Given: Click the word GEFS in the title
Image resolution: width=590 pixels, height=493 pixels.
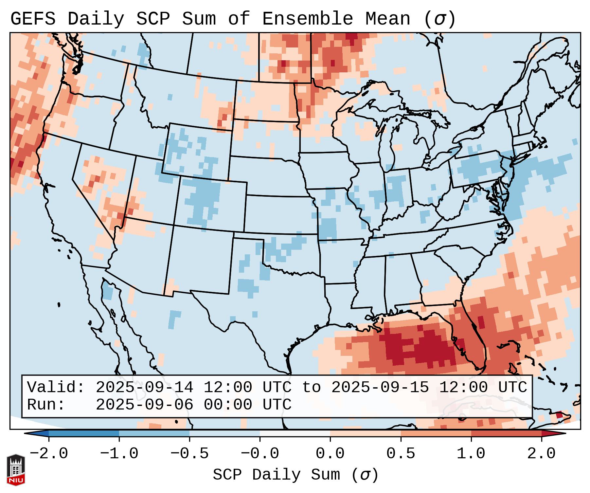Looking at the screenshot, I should click(33, 19).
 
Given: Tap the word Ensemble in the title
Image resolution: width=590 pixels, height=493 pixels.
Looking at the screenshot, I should click(307, 19).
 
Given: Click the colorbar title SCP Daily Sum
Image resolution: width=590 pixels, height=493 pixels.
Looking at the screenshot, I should click(277, 475).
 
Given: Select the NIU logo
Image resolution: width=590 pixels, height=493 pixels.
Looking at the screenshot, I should click(16, 470).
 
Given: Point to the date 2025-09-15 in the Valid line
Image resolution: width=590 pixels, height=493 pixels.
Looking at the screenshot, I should click(380, 388).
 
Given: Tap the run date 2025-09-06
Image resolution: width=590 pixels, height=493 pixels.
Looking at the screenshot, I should click(144, 405).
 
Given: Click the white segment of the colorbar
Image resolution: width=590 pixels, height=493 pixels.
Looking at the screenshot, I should click(295, 433).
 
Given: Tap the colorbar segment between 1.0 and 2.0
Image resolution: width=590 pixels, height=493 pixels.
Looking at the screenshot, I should click(506, 433).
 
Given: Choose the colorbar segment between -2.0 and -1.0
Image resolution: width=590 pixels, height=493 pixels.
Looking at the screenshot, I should click(84, 433).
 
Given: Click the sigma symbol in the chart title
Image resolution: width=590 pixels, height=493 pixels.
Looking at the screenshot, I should click(439, 19).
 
